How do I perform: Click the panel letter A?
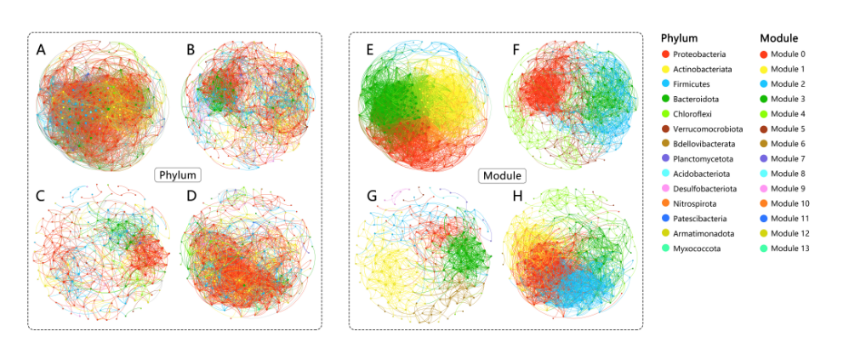(x=41, y=51)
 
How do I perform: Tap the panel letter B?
(x=191, y=50)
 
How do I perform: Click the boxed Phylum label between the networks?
(x=178, y=175)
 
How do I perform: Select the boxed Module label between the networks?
(x=502, y=175)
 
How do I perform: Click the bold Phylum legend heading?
(x=680, y=38)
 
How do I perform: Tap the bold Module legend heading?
(x=778, y=38)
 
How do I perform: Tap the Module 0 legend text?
(x=791, y=54)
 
